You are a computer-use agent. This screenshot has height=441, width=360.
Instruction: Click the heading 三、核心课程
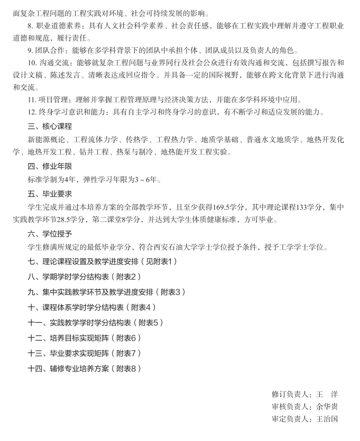(49, 127)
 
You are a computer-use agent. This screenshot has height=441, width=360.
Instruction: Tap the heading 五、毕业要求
(49, 194)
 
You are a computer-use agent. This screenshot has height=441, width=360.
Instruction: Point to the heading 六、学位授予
(49, 233)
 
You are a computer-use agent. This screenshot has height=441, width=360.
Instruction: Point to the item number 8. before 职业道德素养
(31, 25)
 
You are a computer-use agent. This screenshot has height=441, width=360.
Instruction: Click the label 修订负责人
(289, 394)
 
